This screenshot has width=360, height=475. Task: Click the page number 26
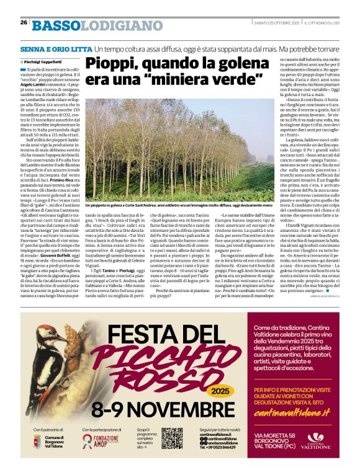tap(23, 22)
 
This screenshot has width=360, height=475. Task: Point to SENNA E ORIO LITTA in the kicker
tap(55, 48)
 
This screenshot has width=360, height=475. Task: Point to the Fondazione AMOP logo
tap(100, 442)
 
